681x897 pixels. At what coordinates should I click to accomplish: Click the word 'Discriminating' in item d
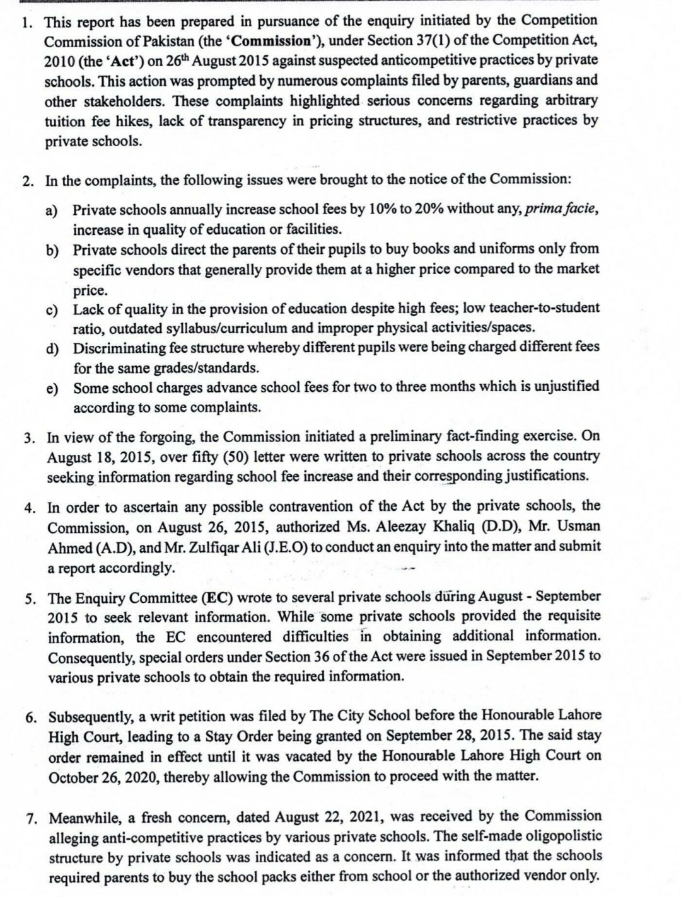coord(115,348)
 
